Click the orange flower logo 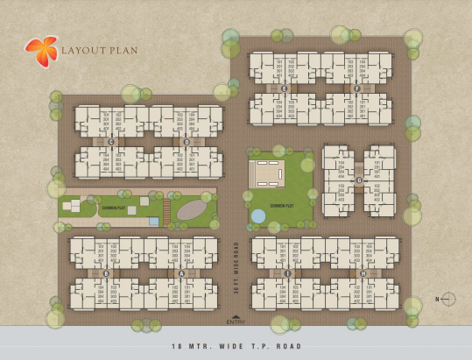pos(40,51)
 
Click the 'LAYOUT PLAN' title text pos(99,50)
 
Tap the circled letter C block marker pos(111,141)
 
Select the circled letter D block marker pos(186,141)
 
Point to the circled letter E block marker pos(284,88)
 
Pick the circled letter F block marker pos(356,88)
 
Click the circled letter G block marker pos(358,180)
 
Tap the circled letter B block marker pos(106,272)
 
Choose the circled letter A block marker pos(181,272)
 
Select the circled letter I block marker pos(287,273)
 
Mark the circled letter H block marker pos(363,273)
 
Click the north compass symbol pos(447,300)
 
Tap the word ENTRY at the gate pos(236,321)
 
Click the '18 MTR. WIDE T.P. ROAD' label pos(236,346)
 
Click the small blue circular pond pos(258,215)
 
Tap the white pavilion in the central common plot pos(268,172)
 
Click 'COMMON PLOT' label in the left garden pos(112,208)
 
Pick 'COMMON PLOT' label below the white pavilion pos(281,206)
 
